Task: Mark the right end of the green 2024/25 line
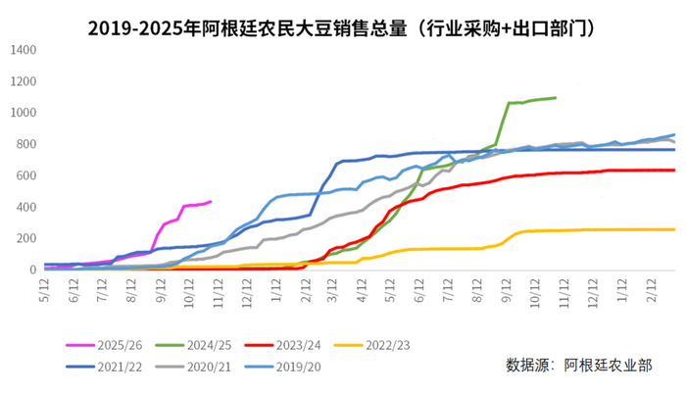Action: [556, 97]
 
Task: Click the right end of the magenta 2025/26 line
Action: [211, 202]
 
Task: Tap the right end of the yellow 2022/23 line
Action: [674, 229]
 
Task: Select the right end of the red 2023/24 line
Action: [674, 171]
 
